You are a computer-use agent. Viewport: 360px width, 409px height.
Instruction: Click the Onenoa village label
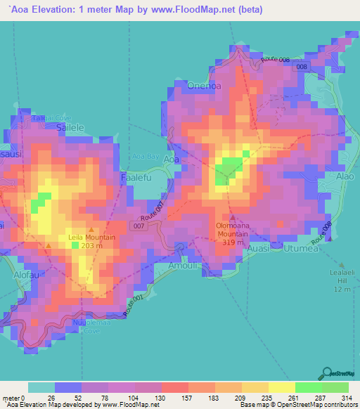pyautogui.click(x=205, y=86)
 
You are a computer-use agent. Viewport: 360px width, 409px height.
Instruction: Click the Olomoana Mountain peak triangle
pyautogui.click(x=233, y=218)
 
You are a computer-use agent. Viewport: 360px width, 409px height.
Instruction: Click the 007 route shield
pyautogui.click(x=139, y=226)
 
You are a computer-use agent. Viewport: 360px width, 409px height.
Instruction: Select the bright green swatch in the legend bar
pyautogui.click(x=309, y=387)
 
